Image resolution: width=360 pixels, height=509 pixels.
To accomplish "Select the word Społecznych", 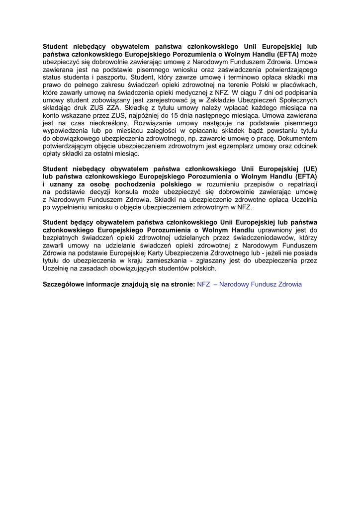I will (296, 99).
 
